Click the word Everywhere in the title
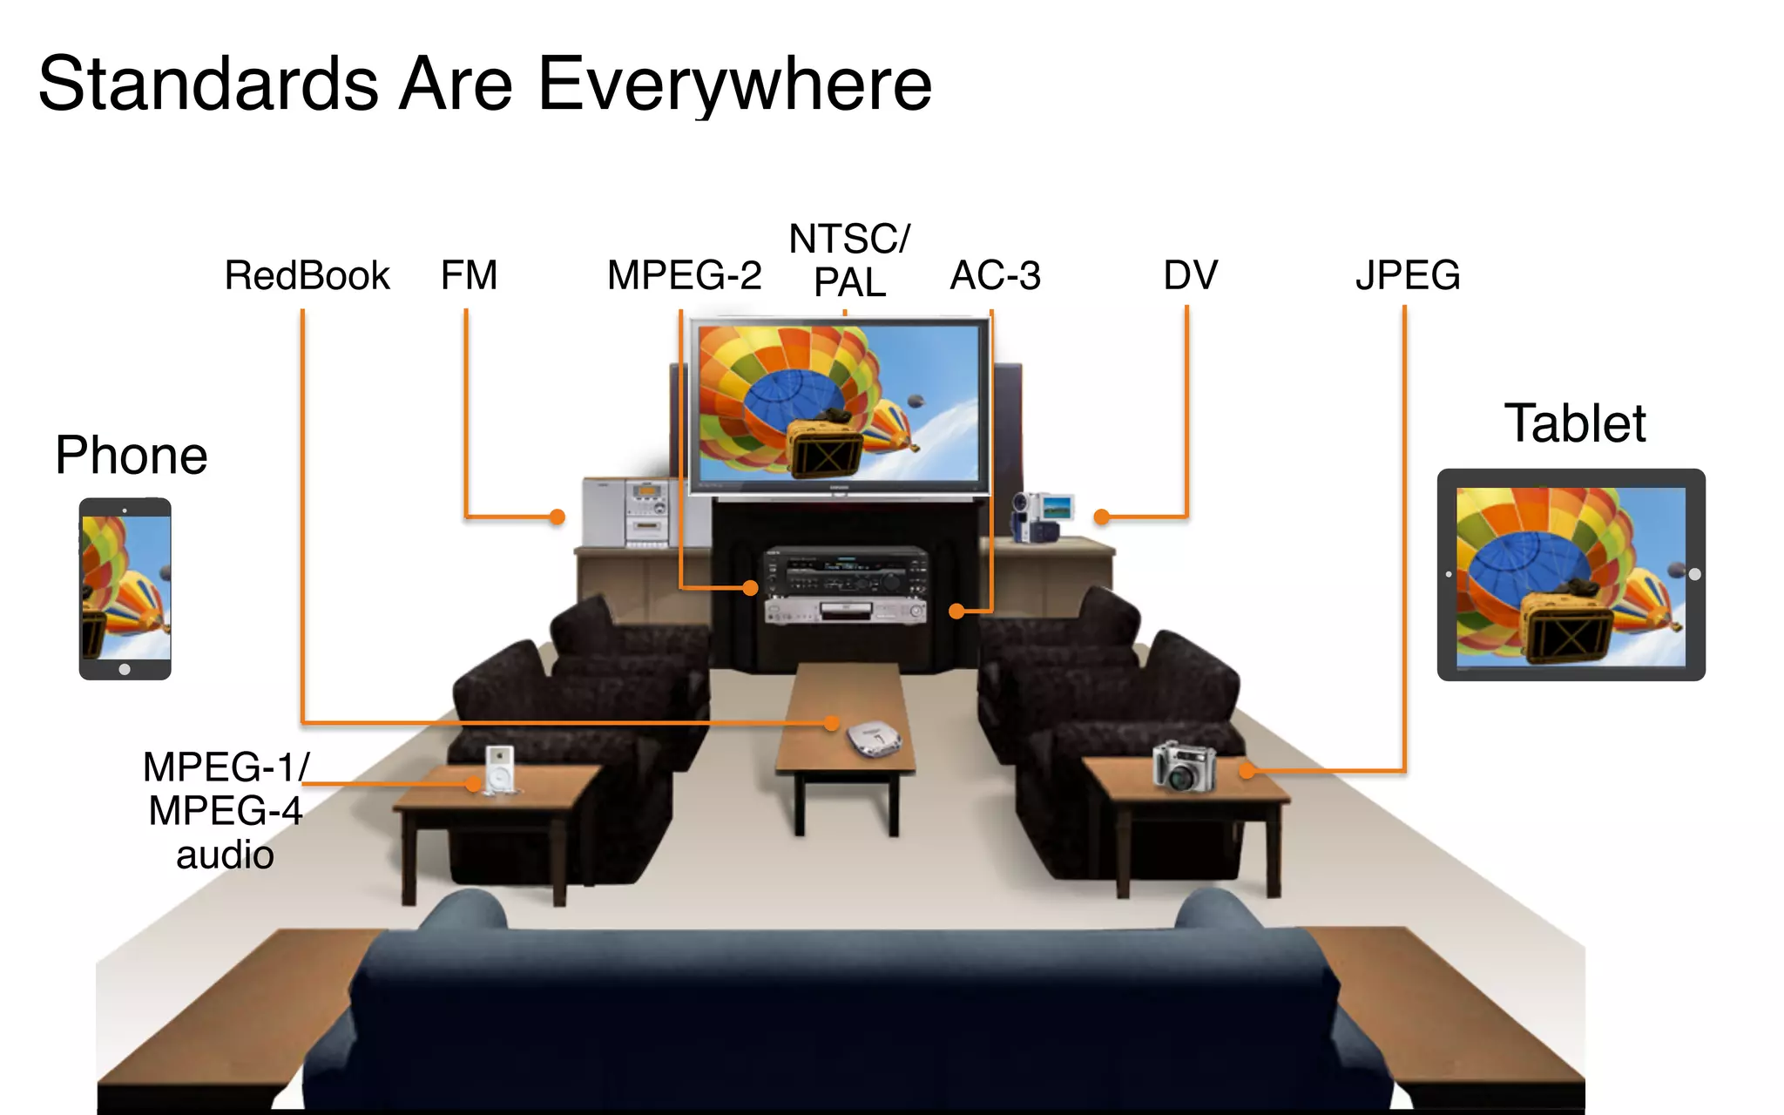pos(735,84)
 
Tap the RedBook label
pos(307,275)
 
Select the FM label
pos(469,275)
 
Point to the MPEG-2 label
pos(684,275)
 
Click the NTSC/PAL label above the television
pos(849,260)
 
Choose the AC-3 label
pos(995,275)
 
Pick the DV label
pos(1190,275)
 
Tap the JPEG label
pos(1407,275)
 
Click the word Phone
pos(131,455)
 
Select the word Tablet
pos(1574,423)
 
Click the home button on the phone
pos(125,669)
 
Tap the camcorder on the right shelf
pos(1040,517)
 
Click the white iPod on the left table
pos(500,768)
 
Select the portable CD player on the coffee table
pos(875,739)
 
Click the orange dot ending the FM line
pos(557,517)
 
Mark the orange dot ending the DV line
pos(1101,517)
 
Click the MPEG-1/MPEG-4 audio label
pos(225,810)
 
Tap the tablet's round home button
pos(1694,575)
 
